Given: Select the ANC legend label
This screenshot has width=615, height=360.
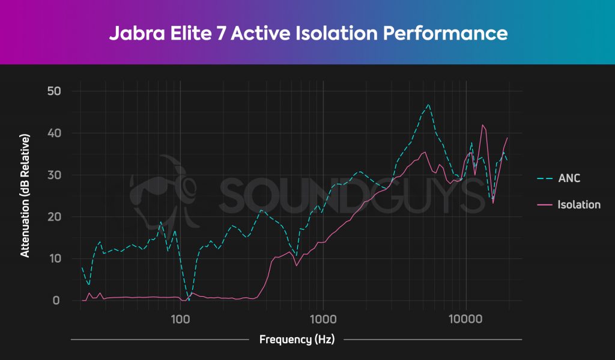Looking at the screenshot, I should tap(569, 178).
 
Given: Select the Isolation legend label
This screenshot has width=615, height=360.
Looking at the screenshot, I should tap(579, 205).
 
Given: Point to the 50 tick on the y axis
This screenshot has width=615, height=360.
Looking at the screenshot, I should tap(55, 91).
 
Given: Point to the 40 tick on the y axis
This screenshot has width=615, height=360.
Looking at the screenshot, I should tap(55, 133).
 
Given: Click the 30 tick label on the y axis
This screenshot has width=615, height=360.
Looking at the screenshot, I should tap(55, 175).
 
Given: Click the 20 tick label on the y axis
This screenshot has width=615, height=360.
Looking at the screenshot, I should tap(55, 216).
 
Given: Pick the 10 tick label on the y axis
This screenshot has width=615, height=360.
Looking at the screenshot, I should tap(55, 258).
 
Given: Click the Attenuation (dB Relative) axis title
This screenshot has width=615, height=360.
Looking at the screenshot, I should tap(25, 195).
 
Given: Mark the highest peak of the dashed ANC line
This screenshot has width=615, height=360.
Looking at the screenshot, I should tap(428, 104).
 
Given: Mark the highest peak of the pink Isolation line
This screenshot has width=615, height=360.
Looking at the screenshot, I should tap(482, 125).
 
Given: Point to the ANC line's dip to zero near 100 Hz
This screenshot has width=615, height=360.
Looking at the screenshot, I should tap(189, 299).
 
